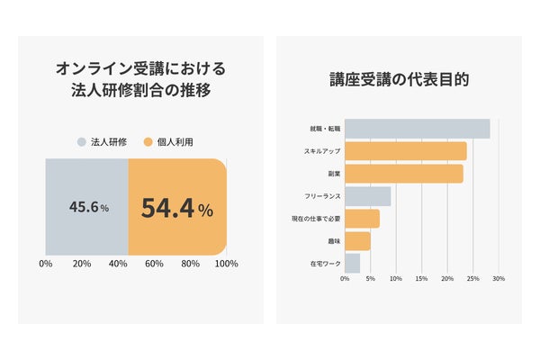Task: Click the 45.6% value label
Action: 89,207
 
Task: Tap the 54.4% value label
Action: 177,208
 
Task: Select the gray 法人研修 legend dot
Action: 81,142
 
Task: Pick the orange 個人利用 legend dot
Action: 148,142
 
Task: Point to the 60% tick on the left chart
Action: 154,264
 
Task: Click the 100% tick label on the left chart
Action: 226,264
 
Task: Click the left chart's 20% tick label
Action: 82,264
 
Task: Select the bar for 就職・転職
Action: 418,129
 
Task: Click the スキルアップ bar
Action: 406,151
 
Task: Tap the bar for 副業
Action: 404,174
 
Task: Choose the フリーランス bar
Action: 368,196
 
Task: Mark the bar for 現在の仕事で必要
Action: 363,219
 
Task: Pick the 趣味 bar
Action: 358,241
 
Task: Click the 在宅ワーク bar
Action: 352,264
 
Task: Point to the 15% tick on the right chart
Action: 421,279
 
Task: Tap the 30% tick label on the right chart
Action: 499,279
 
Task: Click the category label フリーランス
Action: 322,196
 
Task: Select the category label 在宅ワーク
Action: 326,264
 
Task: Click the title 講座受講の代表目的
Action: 399,79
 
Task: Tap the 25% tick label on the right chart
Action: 472,279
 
